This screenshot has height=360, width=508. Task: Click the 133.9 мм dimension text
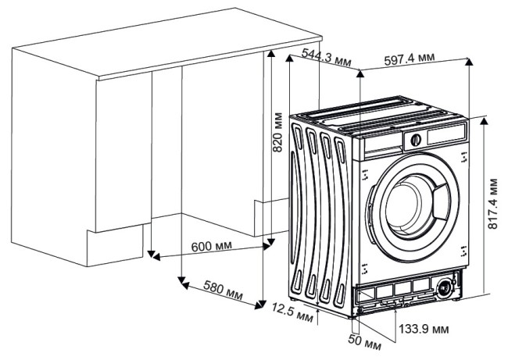pos(427,327)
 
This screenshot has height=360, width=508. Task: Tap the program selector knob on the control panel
pos(414,141)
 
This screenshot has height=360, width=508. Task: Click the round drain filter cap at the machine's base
pos(445,287)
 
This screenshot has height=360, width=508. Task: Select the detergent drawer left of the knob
pos(383,142)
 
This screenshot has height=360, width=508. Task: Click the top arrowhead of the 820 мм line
pos(270,53)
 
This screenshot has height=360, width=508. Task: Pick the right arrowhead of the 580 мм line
pos(263,304)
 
